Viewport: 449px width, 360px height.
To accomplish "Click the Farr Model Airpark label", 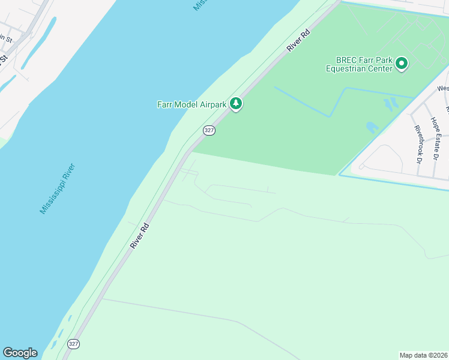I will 191,104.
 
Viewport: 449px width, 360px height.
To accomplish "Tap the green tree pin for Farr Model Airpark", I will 237,104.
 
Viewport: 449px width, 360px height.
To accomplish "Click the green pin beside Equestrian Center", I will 402,64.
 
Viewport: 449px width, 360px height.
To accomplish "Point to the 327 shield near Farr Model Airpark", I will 208,130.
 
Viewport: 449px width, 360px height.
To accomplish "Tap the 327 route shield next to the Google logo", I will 73,344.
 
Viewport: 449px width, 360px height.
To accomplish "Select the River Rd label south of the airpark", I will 140,236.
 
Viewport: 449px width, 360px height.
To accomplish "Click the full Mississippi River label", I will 57,188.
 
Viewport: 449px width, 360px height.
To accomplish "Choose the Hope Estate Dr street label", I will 435,138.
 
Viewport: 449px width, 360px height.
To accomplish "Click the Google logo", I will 20,352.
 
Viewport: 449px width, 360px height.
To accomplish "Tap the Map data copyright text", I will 424,355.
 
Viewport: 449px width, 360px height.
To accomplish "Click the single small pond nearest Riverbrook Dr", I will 372,128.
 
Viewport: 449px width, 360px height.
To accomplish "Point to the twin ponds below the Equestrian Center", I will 390,104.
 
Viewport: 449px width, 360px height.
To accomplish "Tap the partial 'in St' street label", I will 5,38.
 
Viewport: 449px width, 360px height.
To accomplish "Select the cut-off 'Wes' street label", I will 443,88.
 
